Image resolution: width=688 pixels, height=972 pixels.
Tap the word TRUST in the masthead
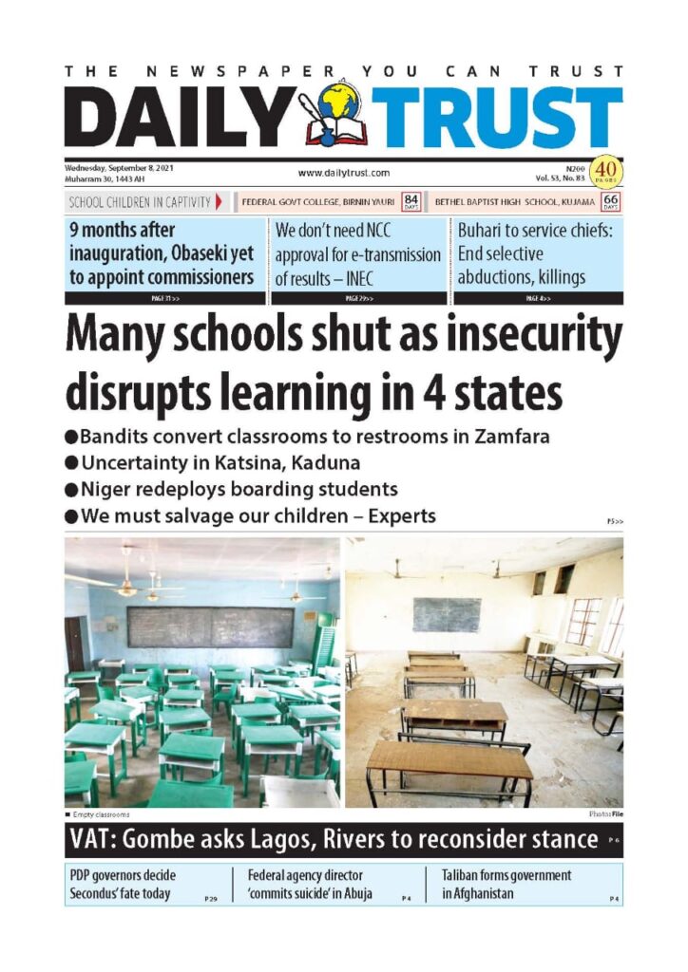coord(496,119)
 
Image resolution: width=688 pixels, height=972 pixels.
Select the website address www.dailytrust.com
coord(343,173)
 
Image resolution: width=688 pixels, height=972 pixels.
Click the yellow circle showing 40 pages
coord(604,171)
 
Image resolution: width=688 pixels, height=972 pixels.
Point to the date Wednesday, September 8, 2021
coord(119,166)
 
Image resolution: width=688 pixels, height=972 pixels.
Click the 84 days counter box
coord(411,201)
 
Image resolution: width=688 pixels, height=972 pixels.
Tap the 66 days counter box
coord(611,201)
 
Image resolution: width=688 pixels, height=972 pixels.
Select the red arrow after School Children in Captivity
coord(220,201)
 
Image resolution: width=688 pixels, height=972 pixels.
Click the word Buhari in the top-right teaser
coord(484,230)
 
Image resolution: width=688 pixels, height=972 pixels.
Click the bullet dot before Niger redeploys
coord(71,491)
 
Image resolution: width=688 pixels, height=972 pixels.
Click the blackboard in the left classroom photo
coord(209,626)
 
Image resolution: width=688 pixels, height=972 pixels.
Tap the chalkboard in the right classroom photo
coord(446,614)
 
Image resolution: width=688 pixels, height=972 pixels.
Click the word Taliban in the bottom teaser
coord(467,874)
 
